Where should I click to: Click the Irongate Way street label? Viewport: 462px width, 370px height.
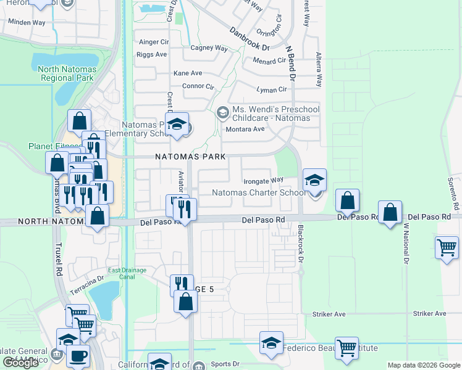(263, 181)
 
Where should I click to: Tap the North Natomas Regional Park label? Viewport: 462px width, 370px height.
(66, 74)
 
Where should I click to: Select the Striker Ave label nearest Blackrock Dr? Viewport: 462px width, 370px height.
(329, 314)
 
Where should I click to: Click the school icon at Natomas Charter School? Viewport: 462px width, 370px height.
(314, 182)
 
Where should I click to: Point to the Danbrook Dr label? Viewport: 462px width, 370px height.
(250, 38)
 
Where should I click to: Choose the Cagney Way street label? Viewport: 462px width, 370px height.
(209, 48)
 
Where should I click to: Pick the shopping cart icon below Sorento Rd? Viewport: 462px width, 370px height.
(447, 248)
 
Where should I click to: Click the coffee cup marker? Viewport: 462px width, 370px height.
(78, 356)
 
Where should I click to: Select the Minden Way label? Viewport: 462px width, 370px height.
(26, 22)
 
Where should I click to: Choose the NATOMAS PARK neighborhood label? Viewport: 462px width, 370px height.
(188, 157)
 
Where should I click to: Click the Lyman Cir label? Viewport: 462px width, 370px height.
(272, 89)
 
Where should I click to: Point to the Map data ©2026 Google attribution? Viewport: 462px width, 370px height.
(424, 365)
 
